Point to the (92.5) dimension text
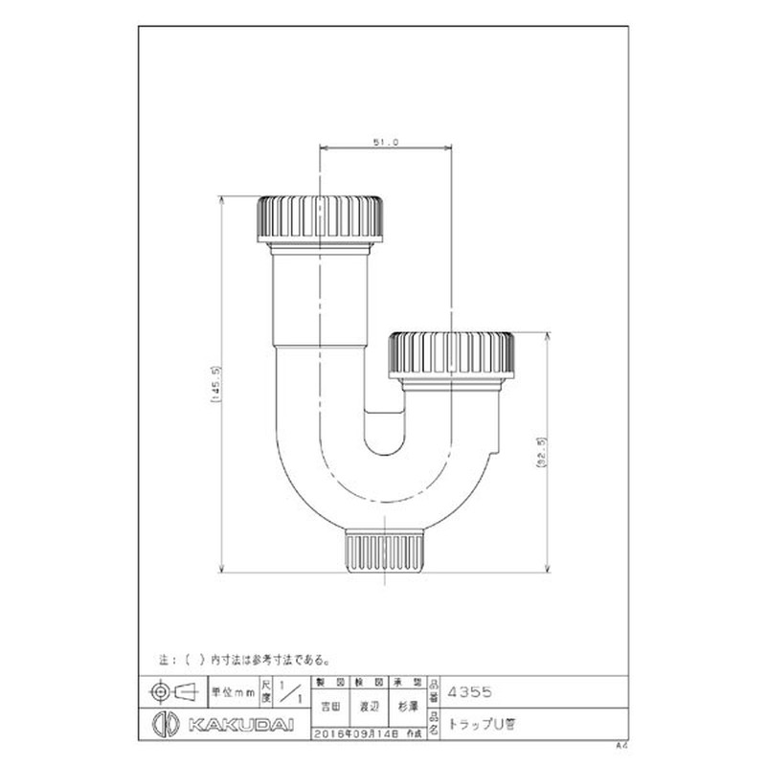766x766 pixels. pyautogui.click(x=542, y=451)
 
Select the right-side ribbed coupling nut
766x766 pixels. pyautogui.click(x=453, y=354)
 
